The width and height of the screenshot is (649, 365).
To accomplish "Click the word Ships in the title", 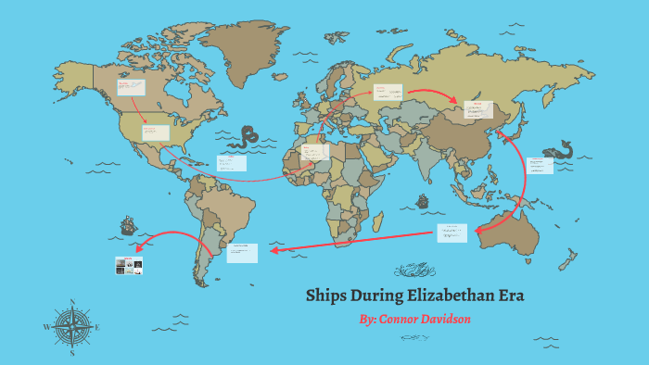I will [329, 296].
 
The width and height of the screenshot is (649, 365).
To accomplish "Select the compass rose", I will [72, 326].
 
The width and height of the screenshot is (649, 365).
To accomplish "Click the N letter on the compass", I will [72, 301].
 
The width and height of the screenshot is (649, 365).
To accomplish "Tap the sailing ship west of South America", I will [128, 225].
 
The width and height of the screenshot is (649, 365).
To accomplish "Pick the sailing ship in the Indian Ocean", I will [424, 201].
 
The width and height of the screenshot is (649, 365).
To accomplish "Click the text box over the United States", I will [156, 132].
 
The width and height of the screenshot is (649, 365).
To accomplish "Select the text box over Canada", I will [130, 88].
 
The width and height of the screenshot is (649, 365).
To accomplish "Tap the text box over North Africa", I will [314, 151].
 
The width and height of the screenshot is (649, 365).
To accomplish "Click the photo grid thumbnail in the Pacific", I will [129, 265].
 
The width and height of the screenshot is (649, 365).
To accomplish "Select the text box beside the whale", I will [540, 165].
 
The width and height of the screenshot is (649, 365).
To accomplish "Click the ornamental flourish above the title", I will [414, 271].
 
